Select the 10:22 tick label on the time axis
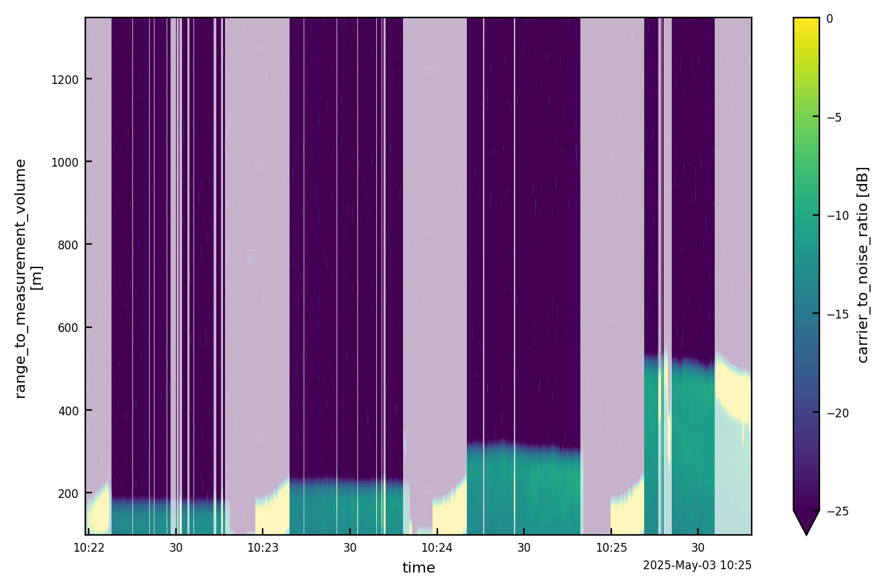click(89, 548)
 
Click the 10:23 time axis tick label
click(263, 548)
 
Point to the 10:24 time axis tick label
click(437, 548)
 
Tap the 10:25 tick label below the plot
click(611, 548)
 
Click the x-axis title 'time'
click(418, 569)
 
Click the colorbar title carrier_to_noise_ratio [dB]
click(863, 264)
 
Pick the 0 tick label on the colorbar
click(830, 19)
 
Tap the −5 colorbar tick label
click(833, 118)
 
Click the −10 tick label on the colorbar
click(835, 216)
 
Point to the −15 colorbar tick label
click(835, 314)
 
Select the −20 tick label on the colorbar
click(835, 413)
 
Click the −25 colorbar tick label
click(835, 511)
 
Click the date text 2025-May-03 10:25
click(697, 566)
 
